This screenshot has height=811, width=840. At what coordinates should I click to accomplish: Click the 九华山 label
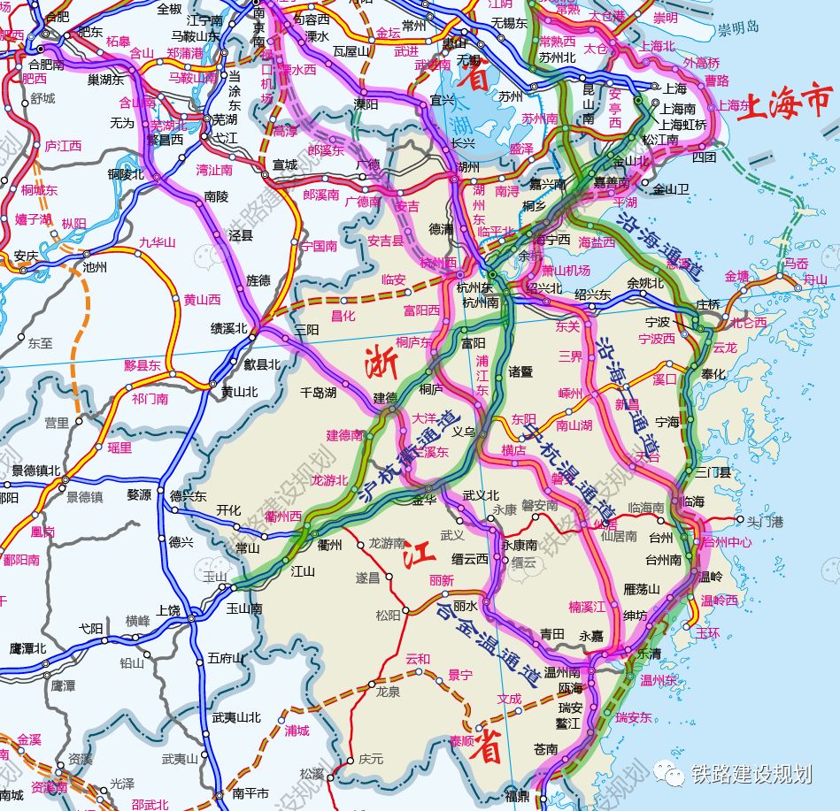tap(158, 242)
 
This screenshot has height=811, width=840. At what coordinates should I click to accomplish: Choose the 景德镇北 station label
tap(36, 471)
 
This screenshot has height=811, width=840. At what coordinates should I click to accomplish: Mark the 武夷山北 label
tap(235, 717)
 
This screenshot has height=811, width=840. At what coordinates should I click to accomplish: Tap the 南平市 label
tap(250, 793)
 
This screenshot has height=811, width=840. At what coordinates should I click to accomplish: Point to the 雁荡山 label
tap(642, 589)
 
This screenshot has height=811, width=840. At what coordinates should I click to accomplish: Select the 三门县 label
tap(713, 472)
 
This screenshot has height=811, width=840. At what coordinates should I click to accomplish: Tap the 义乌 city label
tap(464, 432)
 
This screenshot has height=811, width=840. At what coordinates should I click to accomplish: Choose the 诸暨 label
tap(521, 372)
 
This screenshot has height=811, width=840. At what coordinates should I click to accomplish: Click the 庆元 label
tap(371, 759)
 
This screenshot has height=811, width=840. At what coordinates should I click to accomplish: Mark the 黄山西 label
tap(202, 300)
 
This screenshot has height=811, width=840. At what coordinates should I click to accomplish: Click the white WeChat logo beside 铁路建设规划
tap(674, 775)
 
